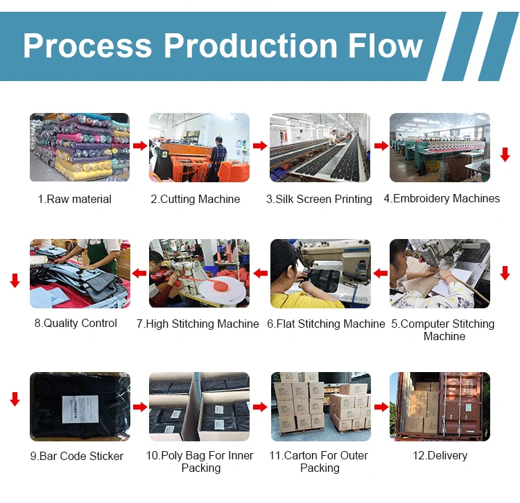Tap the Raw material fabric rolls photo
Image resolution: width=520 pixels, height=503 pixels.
tap(79, 147)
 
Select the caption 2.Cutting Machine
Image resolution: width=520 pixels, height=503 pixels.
tap(196, 200)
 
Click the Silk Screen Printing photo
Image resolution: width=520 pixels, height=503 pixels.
tap(320, 147)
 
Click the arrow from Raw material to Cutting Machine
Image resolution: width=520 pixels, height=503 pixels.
tap(139, 146)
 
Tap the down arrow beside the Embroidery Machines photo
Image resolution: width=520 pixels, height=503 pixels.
tap(505, 155)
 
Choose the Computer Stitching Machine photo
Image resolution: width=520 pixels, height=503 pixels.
tap(440, 273)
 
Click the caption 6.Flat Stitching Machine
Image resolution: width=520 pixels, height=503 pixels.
tap(326, 324)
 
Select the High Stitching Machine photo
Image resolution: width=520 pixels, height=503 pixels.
tap(199, 273)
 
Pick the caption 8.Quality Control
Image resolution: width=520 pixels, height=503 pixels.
tap(76, 324)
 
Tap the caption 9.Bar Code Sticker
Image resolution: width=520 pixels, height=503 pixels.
tap(77, 457)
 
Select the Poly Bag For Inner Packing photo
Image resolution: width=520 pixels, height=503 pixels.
tap(199, 407)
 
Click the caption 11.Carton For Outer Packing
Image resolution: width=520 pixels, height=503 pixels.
tap(320, 462)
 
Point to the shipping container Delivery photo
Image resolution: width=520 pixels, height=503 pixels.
tap(440, 407)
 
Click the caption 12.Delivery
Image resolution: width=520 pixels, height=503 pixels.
tap(440, 456)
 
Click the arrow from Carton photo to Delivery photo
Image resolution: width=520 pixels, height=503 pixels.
tap(381, 407)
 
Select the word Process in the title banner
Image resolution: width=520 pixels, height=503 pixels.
tap(87, 46)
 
